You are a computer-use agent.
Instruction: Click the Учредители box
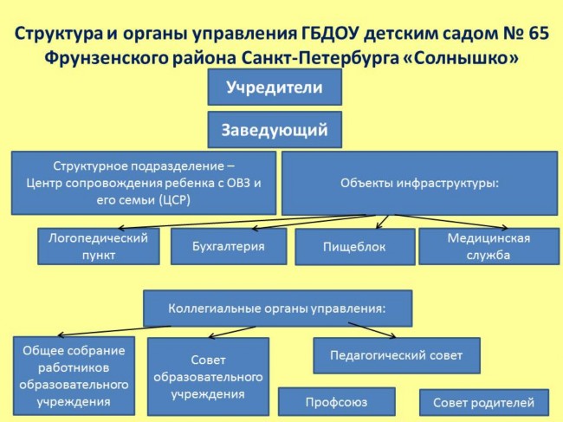pos(275,88)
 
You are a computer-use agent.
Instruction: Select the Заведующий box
pos(275,130)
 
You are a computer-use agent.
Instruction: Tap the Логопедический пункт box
pos(99,246)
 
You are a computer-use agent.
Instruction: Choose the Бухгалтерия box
pos(229,246)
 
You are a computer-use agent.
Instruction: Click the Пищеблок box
pos(355,247)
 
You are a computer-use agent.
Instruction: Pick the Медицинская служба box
pos(489,246)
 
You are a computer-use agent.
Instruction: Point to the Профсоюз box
pos(337,401)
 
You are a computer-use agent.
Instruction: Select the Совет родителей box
pos(484,402)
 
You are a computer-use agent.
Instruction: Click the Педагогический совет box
pos(397,355)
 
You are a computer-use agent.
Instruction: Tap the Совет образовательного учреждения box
pos(208,376)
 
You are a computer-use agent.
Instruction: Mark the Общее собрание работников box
pos(74,376)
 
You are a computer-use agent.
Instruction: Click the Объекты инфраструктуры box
pos(420,183)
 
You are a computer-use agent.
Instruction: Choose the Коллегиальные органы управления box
pos(277,308)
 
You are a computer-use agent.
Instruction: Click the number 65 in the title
pos(539,34)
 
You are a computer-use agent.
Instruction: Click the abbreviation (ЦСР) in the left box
pos(174,199)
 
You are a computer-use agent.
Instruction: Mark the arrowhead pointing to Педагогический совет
pos(393,336)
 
